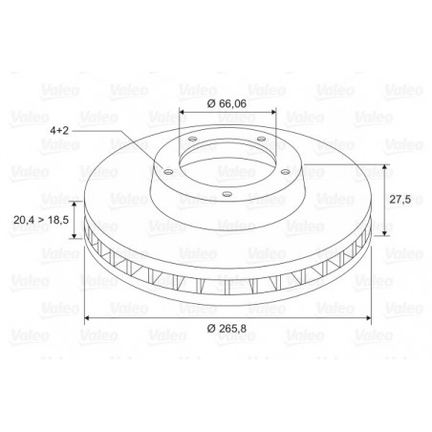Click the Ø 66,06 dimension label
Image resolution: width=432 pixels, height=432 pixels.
[x=227, y=104]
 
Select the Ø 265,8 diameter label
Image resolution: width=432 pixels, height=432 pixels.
[x=227, y=328]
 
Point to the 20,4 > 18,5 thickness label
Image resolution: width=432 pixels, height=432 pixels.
[x=41, y=220]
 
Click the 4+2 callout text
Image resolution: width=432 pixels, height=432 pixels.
[x=59, y=130]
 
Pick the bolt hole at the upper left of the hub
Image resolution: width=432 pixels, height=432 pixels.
[x=193, y=140]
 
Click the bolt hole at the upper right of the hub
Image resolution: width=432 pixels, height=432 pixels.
[x=261, y=139]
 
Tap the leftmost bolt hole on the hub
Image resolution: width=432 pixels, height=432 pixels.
[x=168, y=172]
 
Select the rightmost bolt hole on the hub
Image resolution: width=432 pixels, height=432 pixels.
[x=286, y=172]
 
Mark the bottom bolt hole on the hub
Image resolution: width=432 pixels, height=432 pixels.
[x=227, y=194]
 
